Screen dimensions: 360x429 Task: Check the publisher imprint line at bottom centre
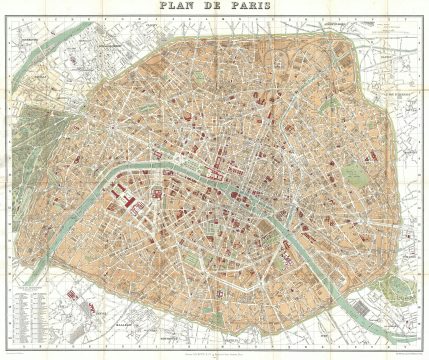pyautogui.click(x=214, y=344)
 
